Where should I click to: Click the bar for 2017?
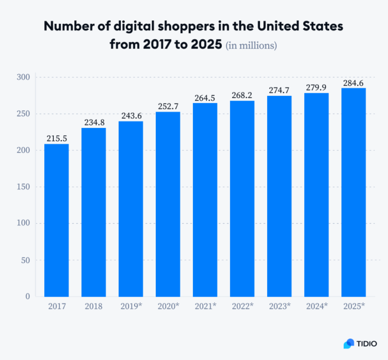[x=57, y=220]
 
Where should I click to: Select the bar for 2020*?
[x=168, y=204]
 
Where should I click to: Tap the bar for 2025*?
[x=354, y=192]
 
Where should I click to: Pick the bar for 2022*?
[x=242, y=199]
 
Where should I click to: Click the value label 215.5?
[x=57, y=137]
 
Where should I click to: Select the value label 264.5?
[x=205, y=98]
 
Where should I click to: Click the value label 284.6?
[x=354, y=83]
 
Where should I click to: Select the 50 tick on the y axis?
[x=25, y=260]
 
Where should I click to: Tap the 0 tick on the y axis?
[x=27, y=296]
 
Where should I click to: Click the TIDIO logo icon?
[x=349, y=343]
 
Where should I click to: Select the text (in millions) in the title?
[x=251, y=45]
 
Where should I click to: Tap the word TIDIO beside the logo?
[x=369, y=343]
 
